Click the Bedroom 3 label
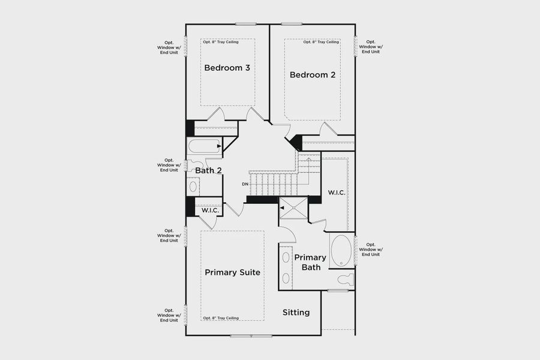click(227, 68)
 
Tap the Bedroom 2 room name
click(312, 75)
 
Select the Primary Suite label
click(232, 272)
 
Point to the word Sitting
click(296, 313)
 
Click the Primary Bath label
click(310, 262)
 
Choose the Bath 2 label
click(208, 170)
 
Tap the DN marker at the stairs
click(245, 184)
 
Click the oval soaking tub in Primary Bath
click(341, 250)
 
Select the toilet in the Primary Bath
click(344, 279)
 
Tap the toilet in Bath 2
click(193, 166)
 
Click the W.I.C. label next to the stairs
click(335, 193)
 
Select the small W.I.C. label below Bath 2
click(209, 211)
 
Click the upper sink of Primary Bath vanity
click(286, 258)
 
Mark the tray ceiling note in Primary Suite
click(221, 318)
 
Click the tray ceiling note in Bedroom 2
click(321, 42)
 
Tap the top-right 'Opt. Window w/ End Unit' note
click(371, 47)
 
